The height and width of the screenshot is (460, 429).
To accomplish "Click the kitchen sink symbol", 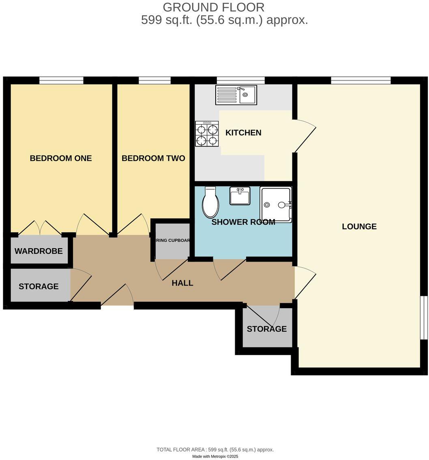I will click(236, 95).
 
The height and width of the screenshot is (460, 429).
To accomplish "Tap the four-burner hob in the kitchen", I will click(207, 134).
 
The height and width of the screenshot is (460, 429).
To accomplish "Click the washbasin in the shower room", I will click(240, 196).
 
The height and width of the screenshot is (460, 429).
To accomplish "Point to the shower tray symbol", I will click(276, 204).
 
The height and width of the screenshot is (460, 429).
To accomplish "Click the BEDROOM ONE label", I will click(61, 158).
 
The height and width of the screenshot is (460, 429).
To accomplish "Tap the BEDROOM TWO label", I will click(153, 158).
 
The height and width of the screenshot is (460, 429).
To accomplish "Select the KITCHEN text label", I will click(243, 133).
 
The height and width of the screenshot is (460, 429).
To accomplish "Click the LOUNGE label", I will click(359, 227).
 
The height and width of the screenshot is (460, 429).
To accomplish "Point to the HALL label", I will click(182, 283).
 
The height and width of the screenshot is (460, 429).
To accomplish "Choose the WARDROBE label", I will click(39, 251).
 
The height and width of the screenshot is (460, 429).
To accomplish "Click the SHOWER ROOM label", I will click(243, 222).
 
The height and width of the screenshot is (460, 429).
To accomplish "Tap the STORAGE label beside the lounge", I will click(267, 329).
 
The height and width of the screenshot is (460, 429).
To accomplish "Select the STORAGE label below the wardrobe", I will click(39, 287).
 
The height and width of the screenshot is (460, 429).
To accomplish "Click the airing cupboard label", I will click(173, 241).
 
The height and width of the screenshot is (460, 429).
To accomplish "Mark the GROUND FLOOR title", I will click(214, 7).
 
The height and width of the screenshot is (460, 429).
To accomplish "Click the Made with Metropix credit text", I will click(215, 456).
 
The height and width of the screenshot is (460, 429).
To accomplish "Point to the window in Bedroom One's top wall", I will click(61, 80).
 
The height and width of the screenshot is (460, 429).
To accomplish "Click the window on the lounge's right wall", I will click(424, 318).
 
